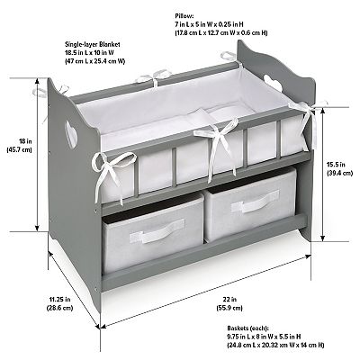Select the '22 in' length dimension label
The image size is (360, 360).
[x=229, y=299]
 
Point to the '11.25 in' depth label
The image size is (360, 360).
[x=59, y=299]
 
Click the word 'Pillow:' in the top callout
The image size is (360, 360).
[x=184, y=15]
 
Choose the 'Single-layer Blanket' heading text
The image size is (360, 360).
[x=93, y=44]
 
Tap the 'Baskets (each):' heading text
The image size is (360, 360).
[x=247, y=328]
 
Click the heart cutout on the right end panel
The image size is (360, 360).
[x=273, y=82]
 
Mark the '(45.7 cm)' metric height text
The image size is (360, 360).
[x=19, y=150]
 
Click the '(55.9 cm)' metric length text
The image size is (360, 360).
[x=229, y=308]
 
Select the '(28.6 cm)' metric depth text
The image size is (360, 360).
[x=59, y=308]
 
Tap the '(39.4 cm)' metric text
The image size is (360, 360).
[x=339, y=173]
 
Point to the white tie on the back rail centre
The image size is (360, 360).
[x=154, y=76]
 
